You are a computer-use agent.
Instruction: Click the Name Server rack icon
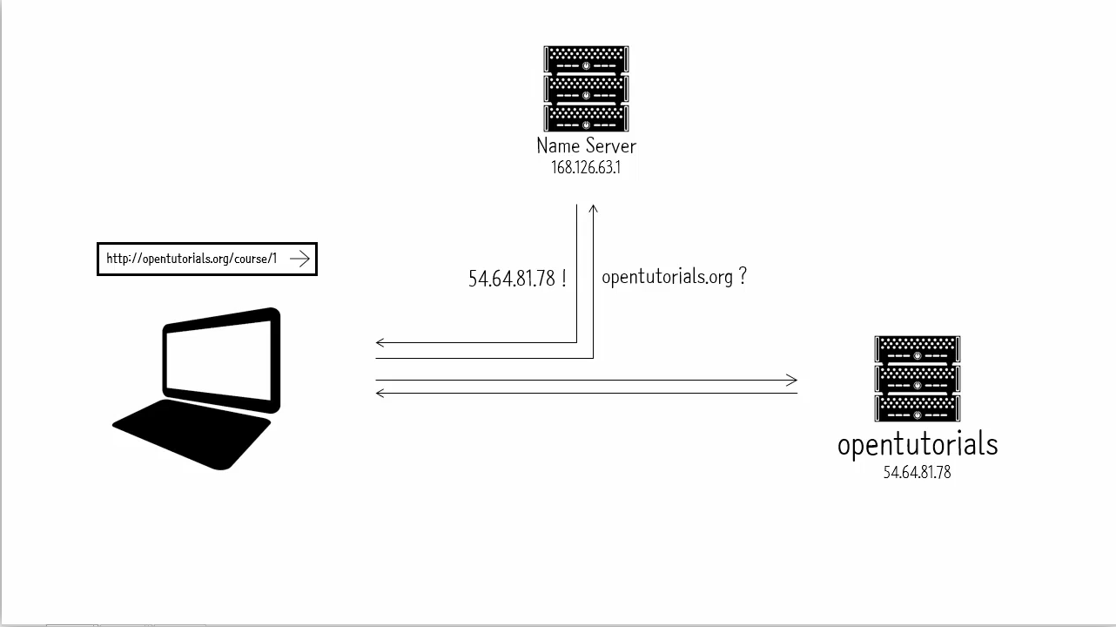click(x=586, y=89)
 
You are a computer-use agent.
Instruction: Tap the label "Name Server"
click(x=586, y=146)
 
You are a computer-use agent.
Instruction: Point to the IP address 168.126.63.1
click(x=586, y=167)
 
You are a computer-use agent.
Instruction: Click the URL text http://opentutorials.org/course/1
click(x=192, y=259)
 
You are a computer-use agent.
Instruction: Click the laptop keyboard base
click(x=192, y=435)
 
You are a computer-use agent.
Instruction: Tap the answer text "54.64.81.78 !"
click(x=517, y=278)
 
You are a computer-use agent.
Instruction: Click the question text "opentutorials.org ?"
click(x=674, y=277)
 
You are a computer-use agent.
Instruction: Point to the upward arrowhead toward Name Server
click(x=593, y=209)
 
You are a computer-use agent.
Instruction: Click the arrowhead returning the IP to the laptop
click(x=380, y=342)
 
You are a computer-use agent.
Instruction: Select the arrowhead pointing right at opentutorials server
click(x=792, y=381)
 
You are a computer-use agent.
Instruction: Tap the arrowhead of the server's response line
click(x=380, y=394)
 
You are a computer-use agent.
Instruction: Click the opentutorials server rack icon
click(x=918, y=379)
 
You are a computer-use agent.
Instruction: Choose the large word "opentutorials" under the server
click(x=918, y=445)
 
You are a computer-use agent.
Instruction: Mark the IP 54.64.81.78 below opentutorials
click(x=918, y=472)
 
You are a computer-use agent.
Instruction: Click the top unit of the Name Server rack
click(x=586, y=59)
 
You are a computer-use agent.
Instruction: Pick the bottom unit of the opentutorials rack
click(x=918, y=408)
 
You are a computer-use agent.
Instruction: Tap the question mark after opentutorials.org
click(x=743, y=276)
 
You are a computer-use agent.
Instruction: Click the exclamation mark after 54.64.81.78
click(x=563, y=278)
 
